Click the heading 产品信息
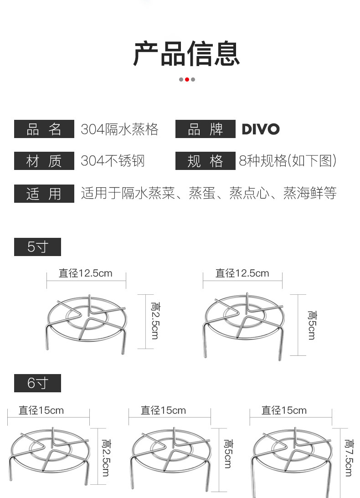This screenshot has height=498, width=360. pyautogui.click(x=186, y=54)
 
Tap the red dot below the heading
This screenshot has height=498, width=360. pyautogui.click(x=187, y=79)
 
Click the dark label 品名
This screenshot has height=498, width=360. pyautogui.click(x=44, y=129)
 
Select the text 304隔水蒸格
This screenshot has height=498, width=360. pyautogui.click(x=119, y=129)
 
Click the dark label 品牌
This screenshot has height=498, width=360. pyautogui.click(x=205, y=129)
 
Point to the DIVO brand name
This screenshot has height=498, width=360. pyautogui.click(x=261, y=129)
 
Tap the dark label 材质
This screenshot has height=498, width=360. pyautogui.click(x=44, y=161)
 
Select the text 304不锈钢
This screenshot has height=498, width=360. pyautogui.click(x=113, y=161)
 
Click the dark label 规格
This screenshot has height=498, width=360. pyautogui.click(x=205, y=161)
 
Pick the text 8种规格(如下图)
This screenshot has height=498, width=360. pyautogui.click(x=288, y=161)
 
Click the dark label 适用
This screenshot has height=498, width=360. pyautogui.click(x=44, y=194)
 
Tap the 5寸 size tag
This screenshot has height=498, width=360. pyautogui.click(x=37, y=247)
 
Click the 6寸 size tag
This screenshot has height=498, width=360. pyautogui.click(x=37, y=383)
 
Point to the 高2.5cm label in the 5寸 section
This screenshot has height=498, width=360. pyautogui.click(x=155, y=320)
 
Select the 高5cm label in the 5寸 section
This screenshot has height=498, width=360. pyautogui.click(x=312, y=325)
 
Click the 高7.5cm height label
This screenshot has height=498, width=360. pyautogui.click(x=349, y=457)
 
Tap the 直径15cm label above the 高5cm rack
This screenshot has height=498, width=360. pyautogui.click(x=163, y=411)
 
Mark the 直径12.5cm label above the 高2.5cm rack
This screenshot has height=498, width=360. pyautogui.click(x=86, y=273)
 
